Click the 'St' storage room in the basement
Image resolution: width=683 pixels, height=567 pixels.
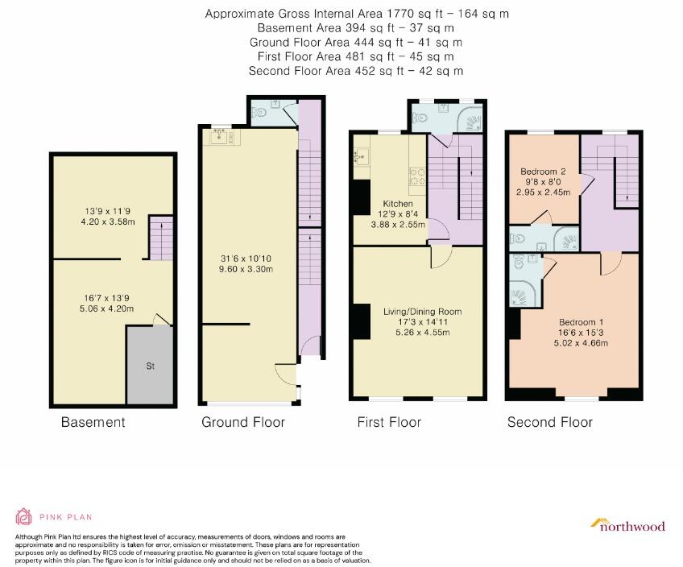[150, 366]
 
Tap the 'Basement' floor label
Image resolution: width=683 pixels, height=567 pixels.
[93, 422]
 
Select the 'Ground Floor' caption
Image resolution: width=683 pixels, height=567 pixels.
[243, 422]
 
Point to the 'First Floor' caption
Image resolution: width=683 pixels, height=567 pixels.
[389, 422]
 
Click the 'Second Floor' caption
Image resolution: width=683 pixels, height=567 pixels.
[549, 422]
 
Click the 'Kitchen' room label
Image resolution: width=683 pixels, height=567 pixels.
[375, 204]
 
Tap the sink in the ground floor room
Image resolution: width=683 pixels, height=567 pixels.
[220, 138]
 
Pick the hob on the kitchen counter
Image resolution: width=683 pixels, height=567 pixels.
[417, 180]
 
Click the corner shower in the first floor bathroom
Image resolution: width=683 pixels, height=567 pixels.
[472, 120]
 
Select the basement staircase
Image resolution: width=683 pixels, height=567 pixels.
[161, 238]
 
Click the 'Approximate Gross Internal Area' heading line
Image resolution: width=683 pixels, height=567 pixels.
[357, 14]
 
